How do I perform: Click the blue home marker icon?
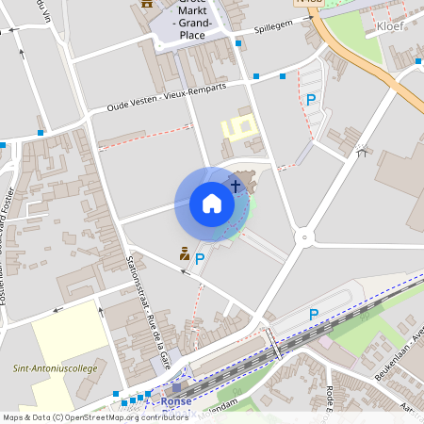(x=212, y=203)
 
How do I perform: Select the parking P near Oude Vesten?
(x=310, y=99)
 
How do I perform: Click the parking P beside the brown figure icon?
(x=200, y=257)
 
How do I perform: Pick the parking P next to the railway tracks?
(x=314, y=314)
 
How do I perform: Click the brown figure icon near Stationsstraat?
(x=186, y=253)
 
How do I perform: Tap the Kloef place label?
(x=390, y=26)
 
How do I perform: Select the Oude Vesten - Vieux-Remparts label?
(x=167, y=98)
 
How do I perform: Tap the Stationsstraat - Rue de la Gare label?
(x=148, y=302)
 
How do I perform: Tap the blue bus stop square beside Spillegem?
(x=237, y=43)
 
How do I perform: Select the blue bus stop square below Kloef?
(x=418, y=61)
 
